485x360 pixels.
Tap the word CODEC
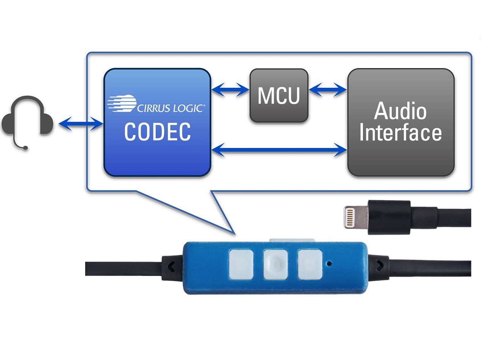pyautogui.click(x=157, y=132)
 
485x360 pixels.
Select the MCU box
pyautogui.click(x=279, y=95)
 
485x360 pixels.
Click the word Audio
pyautogui.click(x=401, y=111)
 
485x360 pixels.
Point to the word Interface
pyautogui.click(x=401, y=133)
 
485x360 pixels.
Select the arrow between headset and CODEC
pyautogui.click(x=81, y=124)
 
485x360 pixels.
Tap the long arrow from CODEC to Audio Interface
pyautogui.click(x=279, y=150)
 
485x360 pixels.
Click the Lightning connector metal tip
pyautogui.click(x=355, y=217)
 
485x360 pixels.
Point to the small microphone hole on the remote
pyautogui.click(x=329, y=262)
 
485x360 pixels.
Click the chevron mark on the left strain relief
pyautogui.click(x=171, y=266)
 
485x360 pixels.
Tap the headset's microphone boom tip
pyautogui.click(x=25, y=148)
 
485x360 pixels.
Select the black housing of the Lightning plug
pyautogui.click(x=390, y=217)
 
